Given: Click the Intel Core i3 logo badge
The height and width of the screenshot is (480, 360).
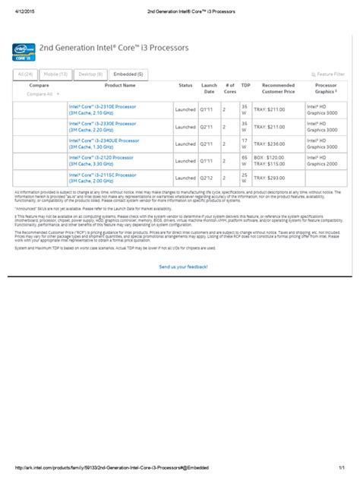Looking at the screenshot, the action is click(x=25, y=52).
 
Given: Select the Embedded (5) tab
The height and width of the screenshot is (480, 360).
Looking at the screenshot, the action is click(x=128, y=74).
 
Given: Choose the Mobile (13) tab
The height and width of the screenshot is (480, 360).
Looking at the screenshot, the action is click(x=55, y=74).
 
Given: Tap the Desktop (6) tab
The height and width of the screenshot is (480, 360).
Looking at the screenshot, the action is click(x=91, y=74).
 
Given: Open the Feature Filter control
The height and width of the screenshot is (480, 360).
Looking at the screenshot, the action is click(x=328, y=74).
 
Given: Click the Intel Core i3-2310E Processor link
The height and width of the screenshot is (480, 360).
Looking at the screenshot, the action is click(x=103, y=107).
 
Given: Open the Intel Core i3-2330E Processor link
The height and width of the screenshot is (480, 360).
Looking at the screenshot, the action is click(x=103, y=124).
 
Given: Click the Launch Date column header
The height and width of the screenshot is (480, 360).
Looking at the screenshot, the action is click(x=210, y=89).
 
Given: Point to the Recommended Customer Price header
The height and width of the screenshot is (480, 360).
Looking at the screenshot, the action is click(x=278, y=89).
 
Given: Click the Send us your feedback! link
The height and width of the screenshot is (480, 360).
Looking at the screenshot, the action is click(x=183, y=267).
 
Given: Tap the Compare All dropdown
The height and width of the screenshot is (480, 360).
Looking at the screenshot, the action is click(x=39, y=94).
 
